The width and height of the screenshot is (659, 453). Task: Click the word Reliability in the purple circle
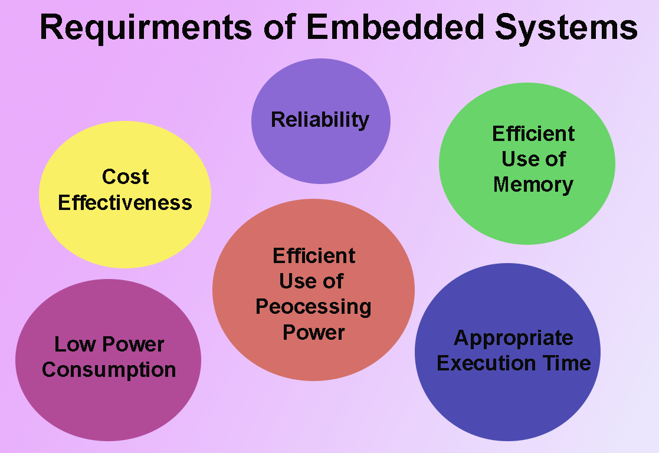click(320, 120)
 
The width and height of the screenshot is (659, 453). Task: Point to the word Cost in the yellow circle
click(125, 176)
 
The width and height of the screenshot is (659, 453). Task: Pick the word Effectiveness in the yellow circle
click(125, 202)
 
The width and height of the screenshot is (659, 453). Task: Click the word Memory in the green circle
click(533, 185)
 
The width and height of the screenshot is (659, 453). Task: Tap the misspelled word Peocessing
click(313, 307)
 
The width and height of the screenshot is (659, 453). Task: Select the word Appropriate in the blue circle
click(513, 338)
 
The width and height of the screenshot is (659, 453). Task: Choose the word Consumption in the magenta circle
click(109, 370)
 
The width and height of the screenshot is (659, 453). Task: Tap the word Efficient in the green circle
click(533, 134)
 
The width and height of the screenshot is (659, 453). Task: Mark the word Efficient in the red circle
click(314, 256)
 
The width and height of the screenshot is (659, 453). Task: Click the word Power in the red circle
click(313, 332)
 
